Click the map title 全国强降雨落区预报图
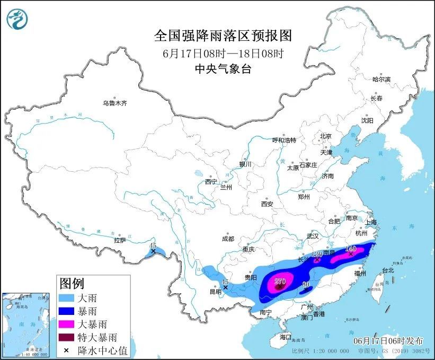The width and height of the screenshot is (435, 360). [x=223, y=36]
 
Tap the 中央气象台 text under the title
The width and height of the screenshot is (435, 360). [x=223, y=68]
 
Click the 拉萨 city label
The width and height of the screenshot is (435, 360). [x=120, y=240]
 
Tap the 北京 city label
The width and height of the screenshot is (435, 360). [x=325, y=136]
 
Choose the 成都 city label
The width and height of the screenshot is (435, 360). [x=228, y=239]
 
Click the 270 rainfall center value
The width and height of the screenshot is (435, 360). [x=280, y=281]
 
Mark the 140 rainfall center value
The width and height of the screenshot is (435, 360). [x=350, y=248]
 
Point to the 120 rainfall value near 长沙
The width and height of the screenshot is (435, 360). [x=317, y=254]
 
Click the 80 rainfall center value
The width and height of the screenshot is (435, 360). [x=306, y=285]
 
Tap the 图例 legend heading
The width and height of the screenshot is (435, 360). [x=72, y=283]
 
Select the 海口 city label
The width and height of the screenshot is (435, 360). [x=286, y=337]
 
